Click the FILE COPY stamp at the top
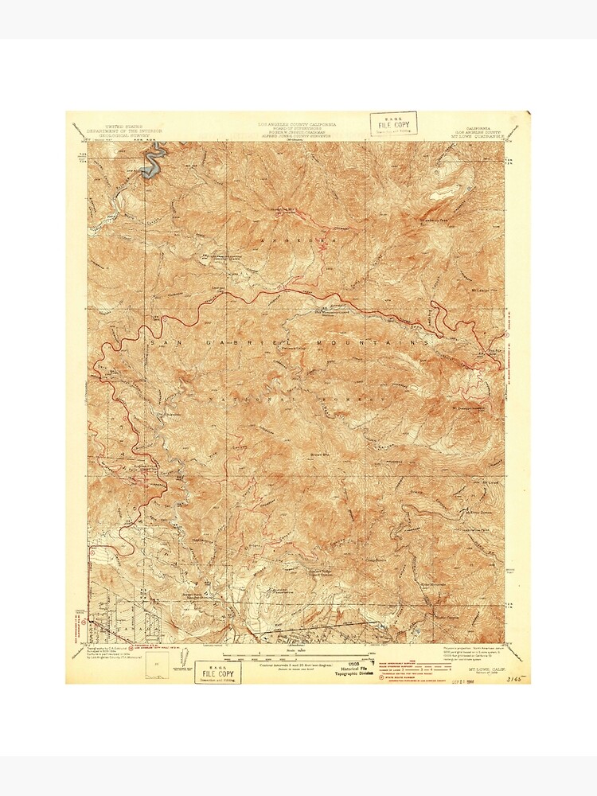click(x=394, y=124)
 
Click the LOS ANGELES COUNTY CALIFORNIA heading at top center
click(x=297, y=125)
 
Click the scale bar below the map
click(x=296, y=657)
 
